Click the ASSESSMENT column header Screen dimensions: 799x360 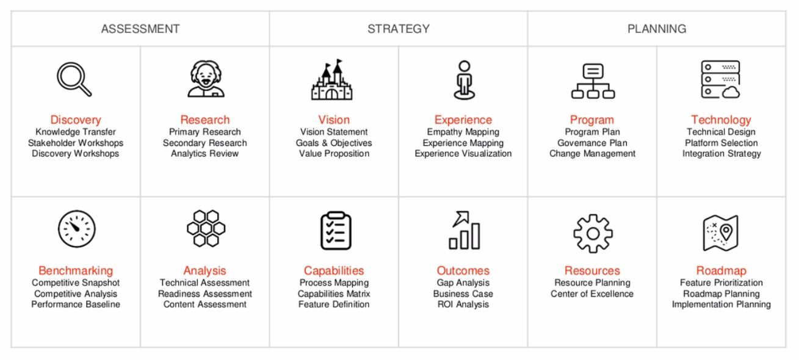140,29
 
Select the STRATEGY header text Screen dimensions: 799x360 399,29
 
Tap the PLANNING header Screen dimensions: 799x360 657,29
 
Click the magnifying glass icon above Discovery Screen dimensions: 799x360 74,79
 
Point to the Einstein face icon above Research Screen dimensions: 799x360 206,79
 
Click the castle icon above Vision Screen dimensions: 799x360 331,79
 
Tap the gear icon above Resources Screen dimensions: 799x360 593,234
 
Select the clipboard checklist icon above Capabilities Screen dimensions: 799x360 336,231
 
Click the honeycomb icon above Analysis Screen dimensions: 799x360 206,228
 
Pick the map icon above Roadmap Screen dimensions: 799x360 720,232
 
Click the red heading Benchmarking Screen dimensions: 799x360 76,270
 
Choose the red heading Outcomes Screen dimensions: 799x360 463,270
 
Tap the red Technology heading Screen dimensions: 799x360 721,120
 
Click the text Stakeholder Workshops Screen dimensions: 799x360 76,143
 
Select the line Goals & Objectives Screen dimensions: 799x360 334,143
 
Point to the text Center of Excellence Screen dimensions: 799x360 592,293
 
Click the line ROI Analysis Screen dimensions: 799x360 463,304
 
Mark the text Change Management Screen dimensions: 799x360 592,154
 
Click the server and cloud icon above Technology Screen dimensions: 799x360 720,79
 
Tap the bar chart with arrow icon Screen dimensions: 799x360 464,230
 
